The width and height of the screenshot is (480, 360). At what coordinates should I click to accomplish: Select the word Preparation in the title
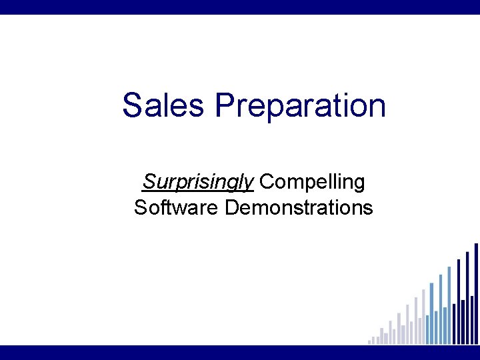(x=300, y=105)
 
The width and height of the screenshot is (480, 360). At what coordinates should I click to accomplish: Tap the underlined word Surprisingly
(x=198, y=181)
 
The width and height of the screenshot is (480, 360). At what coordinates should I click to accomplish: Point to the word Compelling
(x=313, y=181)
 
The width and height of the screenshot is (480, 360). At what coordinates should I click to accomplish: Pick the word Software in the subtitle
(x=176, y=207)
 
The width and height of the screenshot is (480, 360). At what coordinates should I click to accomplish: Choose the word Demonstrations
(x=299, y=207)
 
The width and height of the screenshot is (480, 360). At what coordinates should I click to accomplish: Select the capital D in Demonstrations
(x=233, y=207)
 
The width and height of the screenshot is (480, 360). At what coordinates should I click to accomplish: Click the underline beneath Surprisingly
(x=198, y=191)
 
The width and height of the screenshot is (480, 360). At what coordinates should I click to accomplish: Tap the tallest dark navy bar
(x=475, y=293)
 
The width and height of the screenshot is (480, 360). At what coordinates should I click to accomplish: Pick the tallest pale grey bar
(x=423, y=317)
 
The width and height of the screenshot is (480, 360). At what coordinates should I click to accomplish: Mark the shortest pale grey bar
(x=369, y=342)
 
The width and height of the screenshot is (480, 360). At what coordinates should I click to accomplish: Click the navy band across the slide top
(x=240, y=7)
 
